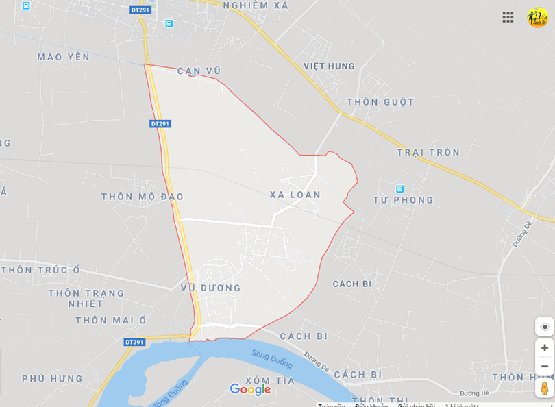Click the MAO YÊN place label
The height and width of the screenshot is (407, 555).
click(64, 57)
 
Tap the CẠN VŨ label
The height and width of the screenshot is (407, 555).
click(199, 71)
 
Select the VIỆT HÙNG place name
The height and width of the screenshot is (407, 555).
click(330, 66)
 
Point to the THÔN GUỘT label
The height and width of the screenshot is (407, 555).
click(380, 102)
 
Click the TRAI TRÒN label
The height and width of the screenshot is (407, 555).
click(428, 152)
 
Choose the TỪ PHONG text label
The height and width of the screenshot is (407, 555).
click(404, 200)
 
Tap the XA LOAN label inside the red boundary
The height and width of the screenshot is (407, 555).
click(295, 195)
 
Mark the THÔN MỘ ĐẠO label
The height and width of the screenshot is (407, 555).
click(143, 197)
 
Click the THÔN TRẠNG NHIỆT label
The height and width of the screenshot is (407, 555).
click(86, 298)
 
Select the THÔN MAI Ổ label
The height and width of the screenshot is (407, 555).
click(111, 320)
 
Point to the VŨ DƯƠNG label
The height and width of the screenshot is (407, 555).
click(211, 288)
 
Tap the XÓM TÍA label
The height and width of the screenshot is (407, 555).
click(270, 380)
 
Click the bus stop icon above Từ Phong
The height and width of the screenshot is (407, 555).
click(399, 188)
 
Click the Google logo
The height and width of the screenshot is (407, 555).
click(250, 389)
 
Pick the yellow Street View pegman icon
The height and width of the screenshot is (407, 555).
click(545, 388)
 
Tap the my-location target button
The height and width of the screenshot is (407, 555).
click(545, 326)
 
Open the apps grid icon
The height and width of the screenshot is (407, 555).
click(508, 17)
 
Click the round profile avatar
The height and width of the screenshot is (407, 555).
click(537, 17)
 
